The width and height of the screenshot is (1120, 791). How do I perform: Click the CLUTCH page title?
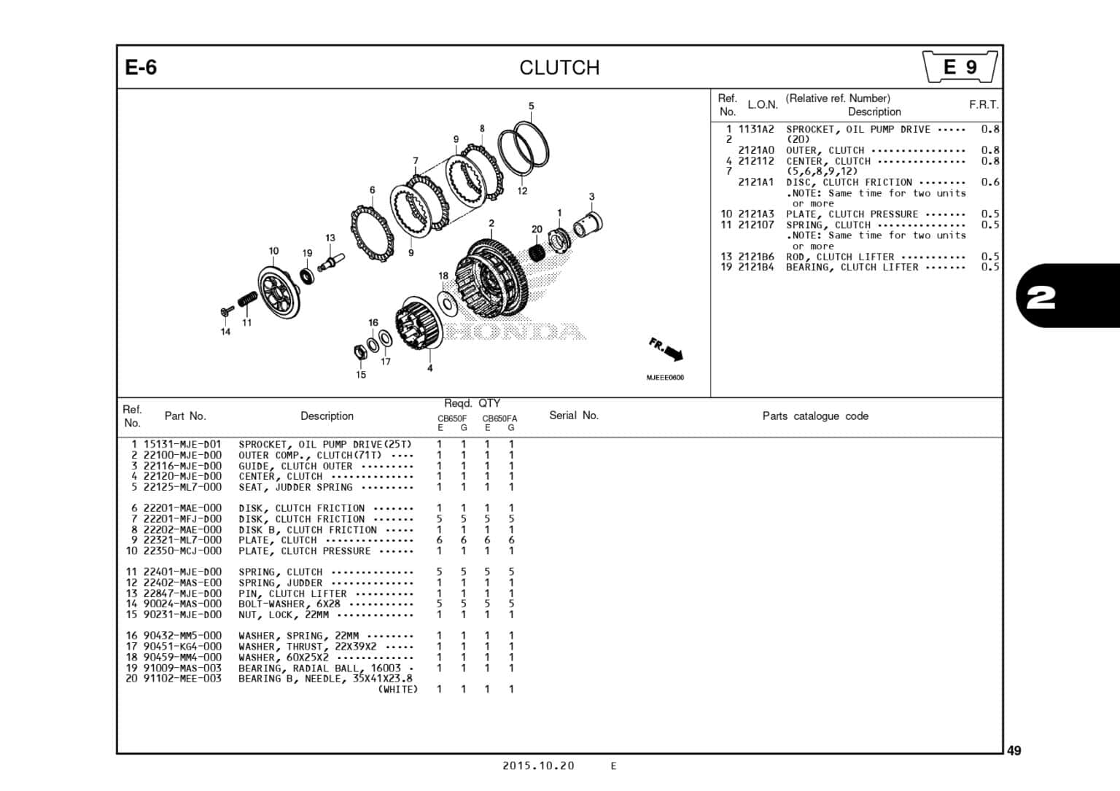click(x=559, y=68)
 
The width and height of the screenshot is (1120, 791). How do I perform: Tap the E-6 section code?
click(x=141, y=68)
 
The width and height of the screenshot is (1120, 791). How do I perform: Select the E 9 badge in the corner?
click(x=960, y=67)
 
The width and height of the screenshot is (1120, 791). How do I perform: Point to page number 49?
click(x=1014, y=751)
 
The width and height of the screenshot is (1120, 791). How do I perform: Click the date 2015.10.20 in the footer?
click(x=538, y=765)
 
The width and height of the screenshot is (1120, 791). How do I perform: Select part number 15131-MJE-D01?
click(x=182, y=445)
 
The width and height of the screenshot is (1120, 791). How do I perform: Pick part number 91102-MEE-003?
click(x=182, y=679)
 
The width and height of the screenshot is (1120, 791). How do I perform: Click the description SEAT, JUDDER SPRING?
click(x=295, y=487)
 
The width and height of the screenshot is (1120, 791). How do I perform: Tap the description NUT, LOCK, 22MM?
click(x=284, y=615)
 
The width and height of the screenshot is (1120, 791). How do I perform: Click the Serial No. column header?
click(x=573, y=416)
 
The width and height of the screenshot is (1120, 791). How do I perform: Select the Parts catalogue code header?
click(x=814, y=416)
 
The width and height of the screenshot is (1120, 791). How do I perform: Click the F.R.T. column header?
click(x=984, y=105)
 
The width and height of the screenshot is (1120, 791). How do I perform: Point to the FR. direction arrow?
click(x=666, y=349)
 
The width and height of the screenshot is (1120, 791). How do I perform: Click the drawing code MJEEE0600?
click(x=665, y=378)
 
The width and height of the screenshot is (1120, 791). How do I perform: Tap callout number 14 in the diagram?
click(x=225, y=332)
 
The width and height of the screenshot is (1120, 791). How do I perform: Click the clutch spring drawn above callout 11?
click(x=247, y=299)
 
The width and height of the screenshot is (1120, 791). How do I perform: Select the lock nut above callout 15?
click(x=359, y=352)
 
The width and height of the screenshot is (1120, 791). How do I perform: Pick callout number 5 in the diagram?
click(x=531, y=106)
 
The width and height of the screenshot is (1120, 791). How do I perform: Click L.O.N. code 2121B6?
click(x=755, y=257)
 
